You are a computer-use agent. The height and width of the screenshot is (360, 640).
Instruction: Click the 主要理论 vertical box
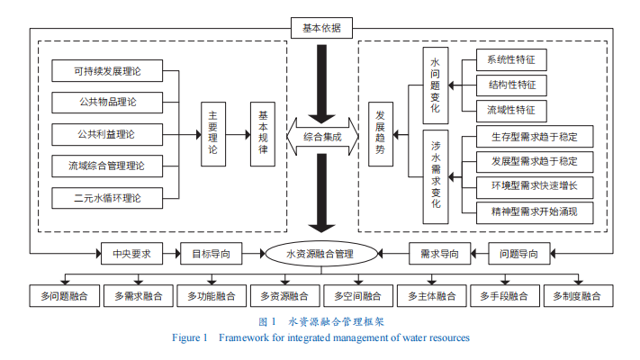coord(212,133)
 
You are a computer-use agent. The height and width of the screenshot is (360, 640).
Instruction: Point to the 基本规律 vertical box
coord(263,133)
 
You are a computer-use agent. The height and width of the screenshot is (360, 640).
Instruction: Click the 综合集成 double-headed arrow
coord(321,135)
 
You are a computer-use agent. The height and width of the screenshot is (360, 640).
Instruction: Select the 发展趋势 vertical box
coord(382,133)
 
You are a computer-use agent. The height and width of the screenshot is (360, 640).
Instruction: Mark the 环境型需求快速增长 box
coord(535,188)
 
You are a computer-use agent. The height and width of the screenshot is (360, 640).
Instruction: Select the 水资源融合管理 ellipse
coord(320,254)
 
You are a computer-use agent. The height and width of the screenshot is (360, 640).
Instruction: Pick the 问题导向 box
coord(519,254)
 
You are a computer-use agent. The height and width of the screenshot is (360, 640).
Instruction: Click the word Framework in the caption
coord(243,337)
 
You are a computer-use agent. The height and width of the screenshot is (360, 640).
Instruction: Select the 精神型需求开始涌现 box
coord(535,212)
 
